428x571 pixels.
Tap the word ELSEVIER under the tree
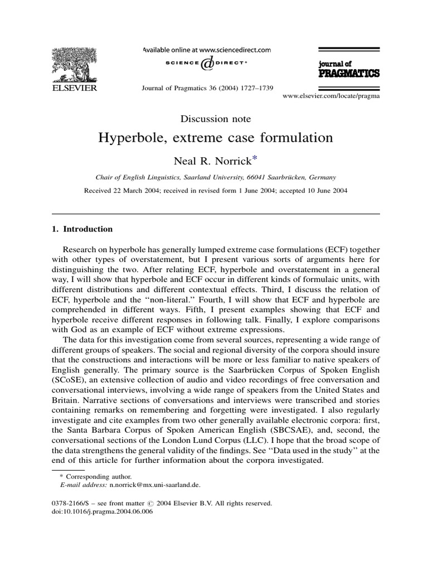pos(74,88)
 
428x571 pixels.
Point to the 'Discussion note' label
pos(216,119)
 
